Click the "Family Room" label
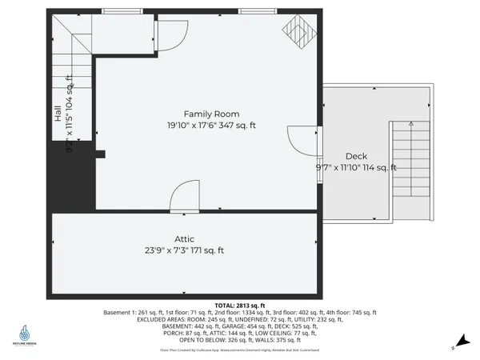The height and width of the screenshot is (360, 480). coord(211,114)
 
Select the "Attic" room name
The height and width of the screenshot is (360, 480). coord(185,238)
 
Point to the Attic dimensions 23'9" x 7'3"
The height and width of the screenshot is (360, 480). coord(185,250)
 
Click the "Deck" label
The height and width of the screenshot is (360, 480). coord(355,156)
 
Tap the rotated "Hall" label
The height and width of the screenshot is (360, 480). coord(58,116)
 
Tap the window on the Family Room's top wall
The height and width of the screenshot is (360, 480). coord(255,10)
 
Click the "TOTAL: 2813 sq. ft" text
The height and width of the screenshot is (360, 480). coord(240,306)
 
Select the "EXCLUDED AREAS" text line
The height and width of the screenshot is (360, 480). coord(240,319)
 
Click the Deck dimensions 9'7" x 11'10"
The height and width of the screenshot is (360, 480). coord(356,167)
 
